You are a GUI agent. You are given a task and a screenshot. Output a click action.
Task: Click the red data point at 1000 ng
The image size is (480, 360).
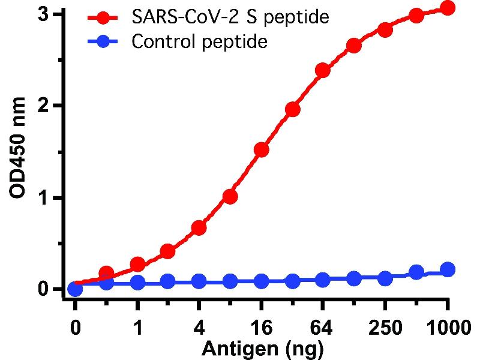[447, 8]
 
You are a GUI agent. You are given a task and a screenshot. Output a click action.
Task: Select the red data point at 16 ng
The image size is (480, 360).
[262, 149]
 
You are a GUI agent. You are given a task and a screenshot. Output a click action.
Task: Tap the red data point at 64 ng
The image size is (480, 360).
[323, 71]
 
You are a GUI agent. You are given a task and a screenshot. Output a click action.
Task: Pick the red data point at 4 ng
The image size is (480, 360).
[199, 228]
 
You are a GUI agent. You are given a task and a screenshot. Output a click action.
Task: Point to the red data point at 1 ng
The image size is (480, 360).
[137, 265]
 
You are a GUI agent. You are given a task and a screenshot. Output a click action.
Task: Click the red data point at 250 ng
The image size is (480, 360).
[385, 30]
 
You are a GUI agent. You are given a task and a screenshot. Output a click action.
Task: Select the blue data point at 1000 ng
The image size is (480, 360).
[447, 269]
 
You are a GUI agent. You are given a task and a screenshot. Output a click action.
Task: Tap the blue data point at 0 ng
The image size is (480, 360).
[75, 290]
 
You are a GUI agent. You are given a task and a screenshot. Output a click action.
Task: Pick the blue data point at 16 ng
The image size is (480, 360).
[262, 281]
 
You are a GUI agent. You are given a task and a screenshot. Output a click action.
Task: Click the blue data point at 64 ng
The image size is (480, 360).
[323, 280]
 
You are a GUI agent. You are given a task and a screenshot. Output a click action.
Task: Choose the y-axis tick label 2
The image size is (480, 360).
[51, 106]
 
